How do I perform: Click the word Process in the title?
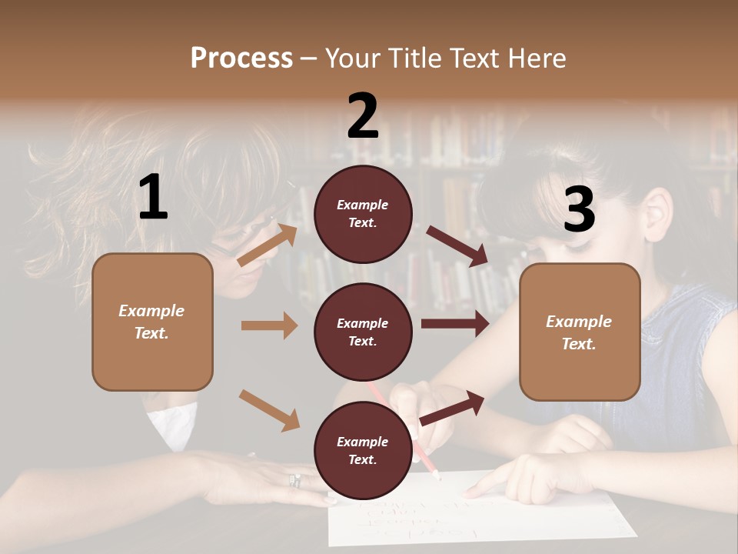point(241,58)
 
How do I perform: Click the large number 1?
point(153,198)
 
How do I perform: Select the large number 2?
point(363,116)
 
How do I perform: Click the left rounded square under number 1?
point(152,322)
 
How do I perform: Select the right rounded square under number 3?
point(580,332)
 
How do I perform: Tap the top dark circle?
point(363,213)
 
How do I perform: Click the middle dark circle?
point(363,332)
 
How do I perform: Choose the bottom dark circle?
point(363,450)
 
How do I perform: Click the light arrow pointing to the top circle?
point(267,245)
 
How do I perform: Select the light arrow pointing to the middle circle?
point(268,325)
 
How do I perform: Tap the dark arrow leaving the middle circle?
point(454,324)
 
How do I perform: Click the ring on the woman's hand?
point(294,481)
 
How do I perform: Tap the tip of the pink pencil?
point(438,476)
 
